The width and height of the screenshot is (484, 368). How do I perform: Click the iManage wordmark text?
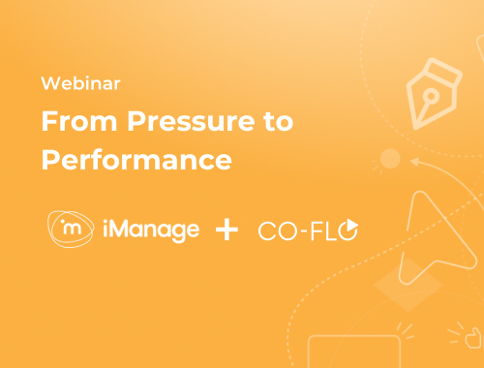(150, 230)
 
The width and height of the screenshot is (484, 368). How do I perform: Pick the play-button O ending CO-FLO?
(349, 230)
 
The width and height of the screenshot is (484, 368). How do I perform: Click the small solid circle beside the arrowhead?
(391, 158)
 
